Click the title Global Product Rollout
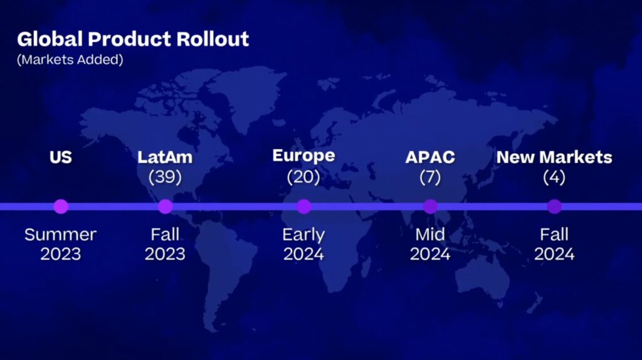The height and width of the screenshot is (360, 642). coord(133,40)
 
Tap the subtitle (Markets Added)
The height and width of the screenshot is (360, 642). coord(70,60)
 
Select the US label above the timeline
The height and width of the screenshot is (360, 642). coord(61,157)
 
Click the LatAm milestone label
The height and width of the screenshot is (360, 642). coord(165,157)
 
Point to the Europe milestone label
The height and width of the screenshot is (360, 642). coord(303,156)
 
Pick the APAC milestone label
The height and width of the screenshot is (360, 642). coord(430,157)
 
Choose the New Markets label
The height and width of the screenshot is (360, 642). coord(554,157)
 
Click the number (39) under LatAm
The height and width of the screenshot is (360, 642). coord(165,177)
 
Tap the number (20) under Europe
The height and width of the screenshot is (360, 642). coord(303,177)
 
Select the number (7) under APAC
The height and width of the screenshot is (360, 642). coord(430,177)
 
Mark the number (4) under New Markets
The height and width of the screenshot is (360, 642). coord(554,177)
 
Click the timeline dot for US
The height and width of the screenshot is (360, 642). coord(61,206)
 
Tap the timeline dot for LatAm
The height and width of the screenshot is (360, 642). coord(165,206)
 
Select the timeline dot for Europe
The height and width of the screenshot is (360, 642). coord(304,206)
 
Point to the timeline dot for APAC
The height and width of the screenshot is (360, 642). coord(430,206)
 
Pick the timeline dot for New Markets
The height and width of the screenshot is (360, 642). coord(554,206)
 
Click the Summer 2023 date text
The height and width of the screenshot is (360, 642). coord(61,244)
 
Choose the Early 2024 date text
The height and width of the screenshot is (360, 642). coord(303,244)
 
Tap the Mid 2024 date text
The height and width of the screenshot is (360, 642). coord(430,244)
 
